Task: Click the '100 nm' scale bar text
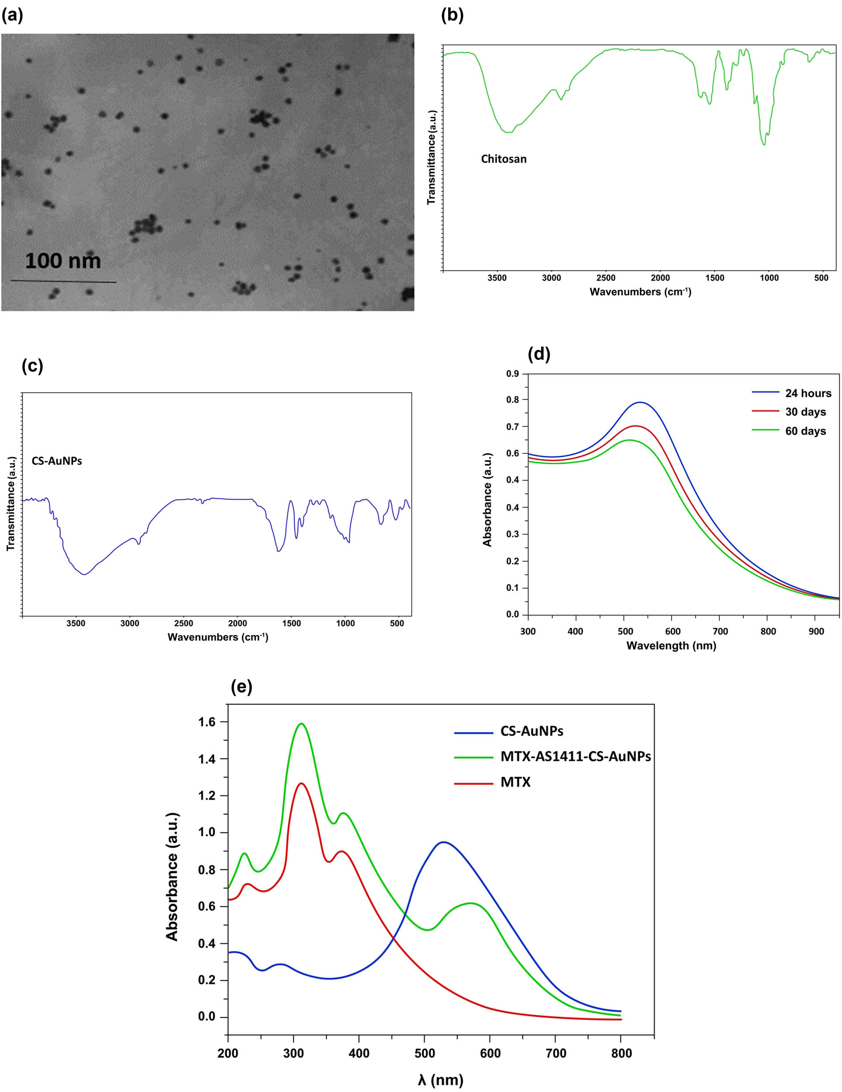(63, 261)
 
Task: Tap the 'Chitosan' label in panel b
(504, 159)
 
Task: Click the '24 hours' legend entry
(808, 393)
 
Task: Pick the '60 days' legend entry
(805, 431)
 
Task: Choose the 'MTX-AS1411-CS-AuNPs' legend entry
(576, 757)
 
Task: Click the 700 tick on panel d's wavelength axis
(720, 632)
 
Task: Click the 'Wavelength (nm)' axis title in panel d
(671, 646)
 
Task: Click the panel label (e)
(242, 687)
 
